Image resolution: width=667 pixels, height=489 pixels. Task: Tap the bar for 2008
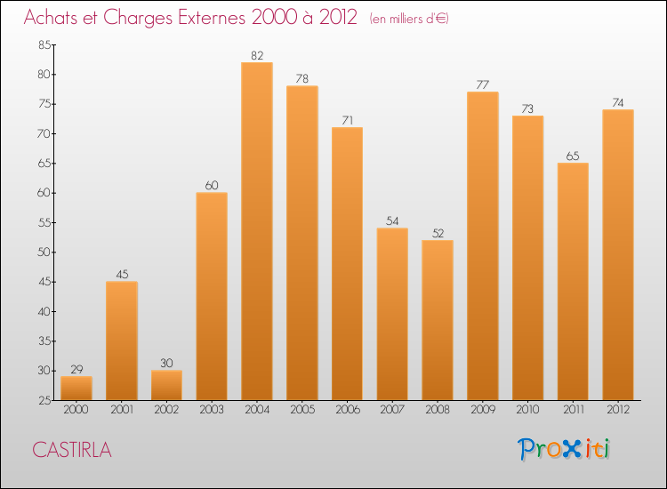click(438, 320)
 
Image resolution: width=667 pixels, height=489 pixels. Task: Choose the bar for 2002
click(166, 385)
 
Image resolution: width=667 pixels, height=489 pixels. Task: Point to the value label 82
click(257, 55)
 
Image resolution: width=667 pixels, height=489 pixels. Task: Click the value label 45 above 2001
click(122, 274)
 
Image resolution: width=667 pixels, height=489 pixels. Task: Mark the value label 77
click(482, 85)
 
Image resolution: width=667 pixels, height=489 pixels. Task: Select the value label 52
click(438, 233)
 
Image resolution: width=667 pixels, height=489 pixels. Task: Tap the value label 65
click(573, 156)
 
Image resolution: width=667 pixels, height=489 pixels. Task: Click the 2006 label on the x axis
click(347, 409)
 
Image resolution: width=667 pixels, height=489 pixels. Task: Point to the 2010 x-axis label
click(527, 409)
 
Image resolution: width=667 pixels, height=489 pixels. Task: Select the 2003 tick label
click(212, 409)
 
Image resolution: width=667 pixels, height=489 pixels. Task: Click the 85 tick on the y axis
click(44, 45)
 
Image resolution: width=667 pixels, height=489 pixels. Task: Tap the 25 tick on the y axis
click(44, 400)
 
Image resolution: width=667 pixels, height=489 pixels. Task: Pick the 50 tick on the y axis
click(44, 253)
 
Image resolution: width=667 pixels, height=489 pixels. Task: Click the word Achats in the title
click(53, 17)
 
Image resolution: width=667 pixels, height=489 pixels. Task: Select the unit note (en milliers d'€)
click(410, 19)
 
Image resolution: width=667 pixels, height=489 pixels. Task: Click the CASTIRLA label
click(72, 450)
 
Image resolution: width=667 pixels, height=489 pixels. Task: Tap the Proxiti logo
click(565, 449)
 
